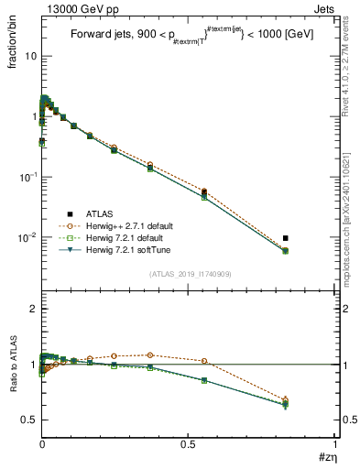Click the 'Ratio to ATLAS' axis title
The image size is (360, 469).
pyautogui.click(x=14, y=364)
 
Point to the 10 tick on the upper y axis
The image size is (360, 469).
pyautogui.click(x=29, y=56)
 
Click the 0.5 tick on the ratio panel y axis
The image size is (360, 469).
pyautogui.click(x=29, y=420)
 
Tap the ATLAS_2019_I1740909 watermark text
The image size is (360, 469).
pyautogui.click(x=189, y=274)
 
